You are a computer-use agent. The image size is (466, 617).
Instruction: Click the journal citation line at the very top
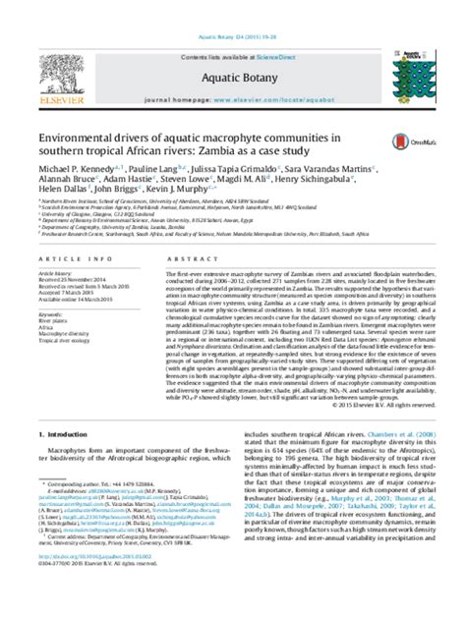(232, 8)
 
